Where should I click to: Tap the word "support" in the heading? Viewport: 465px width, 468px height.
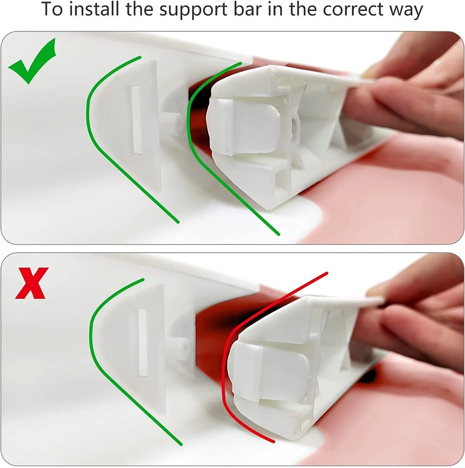click(x=193, y=10)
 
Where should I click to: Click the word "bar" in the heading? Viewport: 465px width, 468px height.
click(x=247, y=9)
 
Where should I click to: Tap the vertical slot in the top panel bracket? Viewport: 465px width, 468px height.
click(x=136, y=120)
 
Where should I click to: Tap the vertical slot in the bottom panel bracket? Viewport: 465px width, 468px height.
click(x=143, y=343)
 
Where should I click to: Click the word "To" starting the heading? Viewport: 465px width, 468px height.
click(x=52, y=9)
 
